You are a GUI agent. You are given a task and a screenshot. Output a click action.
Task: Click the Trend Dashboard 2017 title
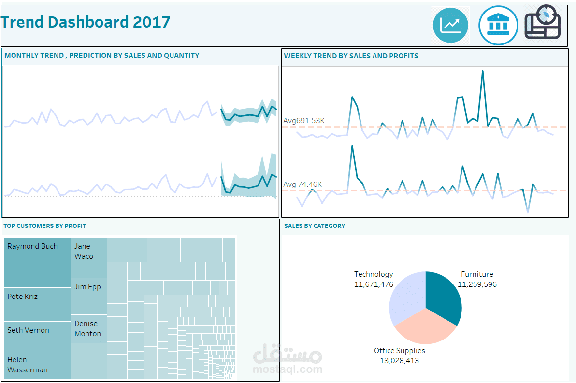click(x=86, y=22)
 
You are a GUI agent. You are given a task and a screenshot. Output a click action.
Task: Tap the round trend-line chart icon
click(x=450, y=25)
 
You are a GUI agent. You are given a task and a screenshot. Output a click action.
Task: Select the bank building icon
click(x=498, y=25)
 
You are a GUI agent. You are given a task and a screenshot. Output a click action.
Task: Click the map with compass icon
click(x=543, y=23)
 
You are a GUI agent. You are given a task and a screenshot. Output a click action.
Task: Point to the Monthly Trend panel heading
click(x=102, y=56)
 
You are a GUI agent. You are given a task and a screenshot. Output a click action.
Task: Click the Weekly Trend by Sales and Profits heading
click(x=351, y=56)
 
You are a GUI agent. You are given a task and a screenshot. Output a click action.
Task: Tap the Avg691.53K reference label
click(x=304, y=121)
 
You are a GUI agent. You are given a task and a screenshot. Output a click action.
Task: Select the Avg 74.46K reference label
click(x=302, y=184)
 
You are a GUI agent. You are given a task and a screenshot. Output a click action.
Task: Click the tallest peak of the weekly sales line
click(x=482, y=71)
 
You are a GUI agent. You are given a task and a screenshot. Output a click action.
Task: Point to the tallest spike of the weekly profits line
click(x=352, y=146)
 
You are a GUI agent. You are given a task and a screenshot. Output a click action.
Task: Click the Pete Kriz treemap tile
click(x=37, y=304)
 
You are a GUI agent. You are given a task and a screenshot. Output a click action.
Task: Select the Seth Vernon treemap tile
click(x=37, y=336)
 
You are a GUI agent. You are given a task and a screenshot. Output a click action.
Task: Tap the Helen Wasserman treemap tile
click(x=37, y=365)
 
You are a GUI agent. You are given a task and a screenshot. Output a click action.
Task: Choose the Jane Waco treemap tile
click(x=89, y=257)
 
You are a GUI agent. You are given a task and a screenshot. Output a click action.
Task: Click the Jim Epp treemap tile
click(x=89, y=296)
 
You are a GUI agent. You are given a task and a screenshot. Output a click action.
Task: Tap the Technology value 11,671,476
click(x=374, y=284)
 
